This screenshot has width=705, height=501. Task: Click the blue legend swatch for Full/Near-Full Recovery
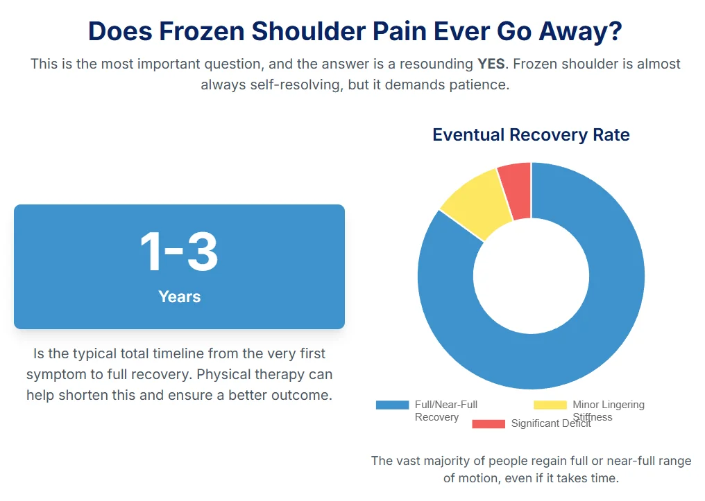point(392,405)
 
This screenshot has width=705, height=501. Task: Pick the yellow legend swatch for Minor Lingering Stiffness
point(550,405)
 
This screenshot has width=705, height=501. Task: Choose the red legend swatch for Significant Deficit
point(489,423)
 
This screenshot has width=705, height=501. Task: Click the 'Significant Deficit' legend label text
point(551,423)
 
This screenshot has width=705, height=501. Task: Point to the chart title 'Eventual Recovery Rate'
point(531,134)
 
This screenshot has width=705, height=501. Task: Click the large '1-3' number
point(179,252)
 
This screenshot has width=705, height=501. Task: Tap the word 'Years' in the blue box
point(179,297)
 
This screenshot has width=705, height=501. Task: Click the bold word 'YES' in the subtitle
point(491,64)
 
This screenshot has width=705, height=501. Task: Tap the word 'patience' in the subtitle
point(479,85)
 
